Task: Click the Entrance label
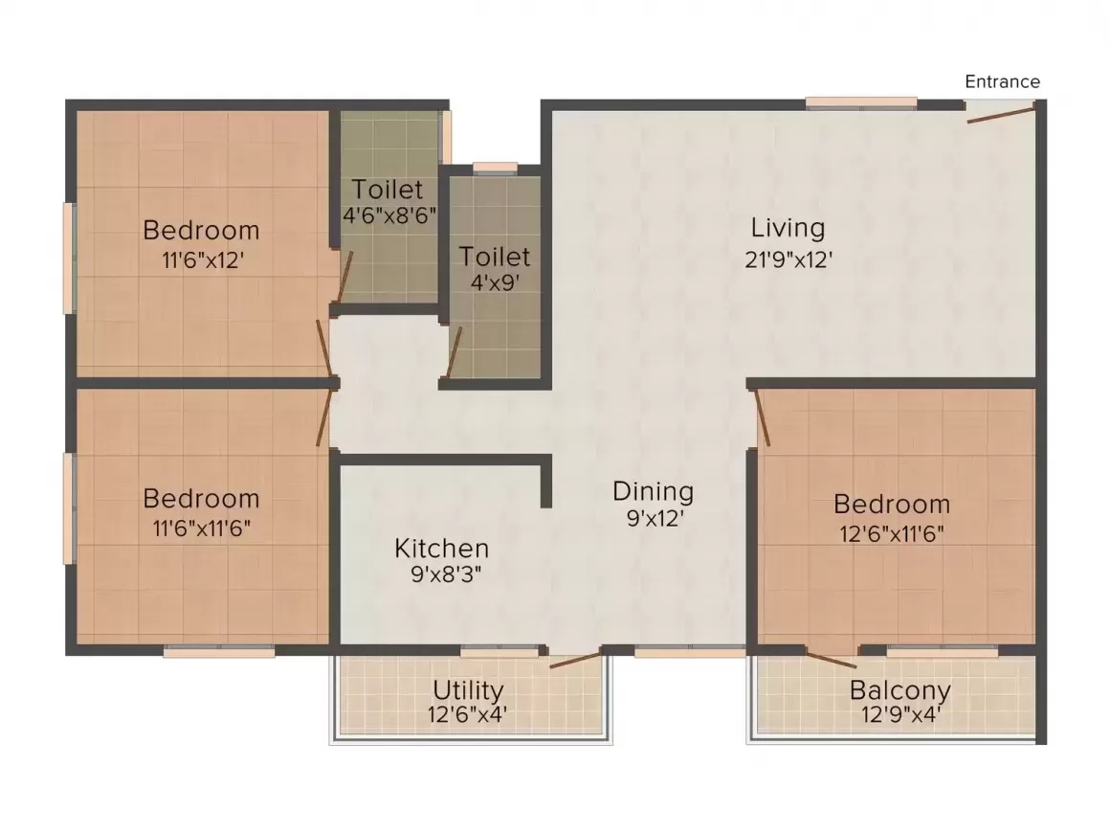click(x=1003, y=81)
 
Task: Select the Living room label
click(x=788, y=228)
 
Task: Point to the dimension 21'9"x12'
click(x=788, y=260)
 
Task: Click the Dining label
click(x=653, y=491)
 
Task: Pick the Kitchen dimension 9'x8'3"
click(x=446, y=574)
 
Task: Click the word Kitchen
click(x=442, y=548)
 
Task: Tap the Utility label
click(x=468, y=689)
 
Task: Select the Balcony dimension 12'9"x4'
click(x=899, y=714)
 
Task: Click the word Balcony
click(x=899, y=689)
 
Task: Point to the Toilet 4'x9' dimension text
click(x=496, y=283)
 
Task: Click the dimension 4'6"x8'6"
click(x=389, y=215)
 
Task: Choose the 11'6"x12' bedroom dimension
click(x=203, y=260)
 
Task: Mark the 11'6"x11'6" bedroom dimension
click(x=202, y=528)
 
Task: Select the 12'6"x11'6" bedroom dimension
click(x=892, y=533)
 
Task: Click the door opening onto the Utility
click(x=575, y=660)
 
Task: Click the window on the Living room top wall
click(x=861, y=103)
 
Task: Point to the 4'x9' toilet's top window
click(x=495, y=168)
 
